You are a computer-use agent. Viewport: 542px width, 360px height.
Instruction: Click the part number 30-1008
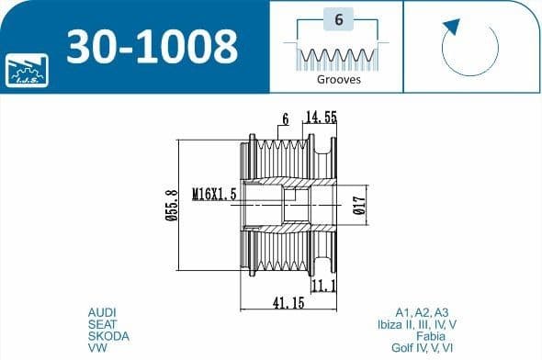(x=152, y=44)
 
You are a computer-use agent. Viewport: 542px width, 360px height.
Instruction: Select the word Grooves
(x=339, y=79)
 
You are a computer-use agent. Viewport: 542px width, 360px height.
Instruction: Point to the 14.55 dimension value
(x=322, y=118)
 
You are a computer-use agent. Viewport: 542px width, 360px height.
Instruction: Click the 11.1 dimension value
(x=324, y=287)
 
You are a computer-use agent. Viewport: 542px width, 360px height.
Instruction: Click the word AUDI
(x=101, y=312)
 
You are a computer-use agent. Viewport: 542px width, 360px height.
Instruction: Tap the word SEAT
(x=101, y=324)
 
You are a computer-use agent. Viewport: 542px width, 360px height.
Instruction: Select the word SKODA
(x=107, y=336)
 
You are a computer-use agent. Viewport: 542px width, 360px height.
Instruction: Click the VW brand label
(x=96, y=348)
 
